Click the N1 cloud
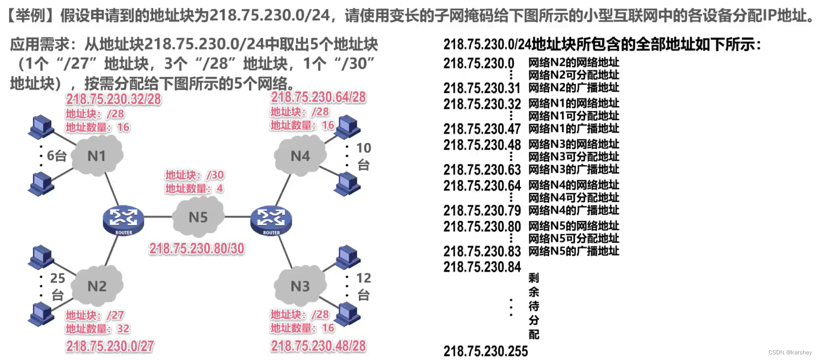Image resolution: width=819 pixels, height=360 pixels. click(97, 155)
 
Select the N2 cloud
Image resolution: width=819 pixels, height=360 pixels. click(97, 286)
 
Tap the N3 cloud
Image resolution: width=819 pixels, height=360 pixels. click(300, 286)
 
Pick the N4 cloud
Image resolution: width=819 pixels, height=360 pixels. click(300, 155)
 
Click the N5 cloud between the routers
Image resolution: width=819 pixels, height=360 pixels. click(198, 218)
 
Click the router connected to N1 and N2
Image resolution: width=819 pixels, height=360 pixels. click(123, 220)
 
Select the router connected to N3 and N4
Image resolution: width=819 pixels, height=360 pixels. click(271, 220)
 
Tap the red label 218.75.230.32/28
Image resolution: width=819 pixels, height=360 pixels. click(113, 99)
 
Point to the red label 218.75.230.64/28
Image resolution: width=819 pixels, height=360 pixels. click(318, 97)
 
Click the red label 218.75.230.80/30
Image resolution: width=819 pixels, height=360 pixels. click(196, 248)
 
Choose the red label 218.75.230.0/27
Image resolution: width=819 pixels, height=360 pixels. click(110, 346)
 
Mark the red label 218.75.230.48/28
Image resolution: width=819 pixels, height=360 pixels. click(318, 346)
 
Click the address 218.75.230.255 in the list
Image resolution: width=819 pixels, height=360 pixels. click(485, 351)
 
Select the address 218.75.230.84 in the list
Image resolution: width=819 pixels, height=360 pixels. click(482, 267)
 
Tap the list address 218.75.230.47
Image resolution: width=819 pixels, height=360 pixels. click(482, 129)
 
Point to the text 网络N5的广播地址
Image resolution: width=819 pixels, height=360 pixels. click(574, 251)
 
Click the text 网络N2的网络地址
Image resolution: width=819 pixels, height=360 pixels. click(574, 63)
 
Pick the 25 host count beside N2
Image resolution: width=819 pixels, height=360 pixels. click(57, 278)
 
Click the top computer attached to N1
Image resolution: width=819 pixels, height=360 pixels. click(42, 127)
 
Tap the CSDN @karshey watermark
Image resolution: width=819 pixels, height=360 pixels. click(790, 353)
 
